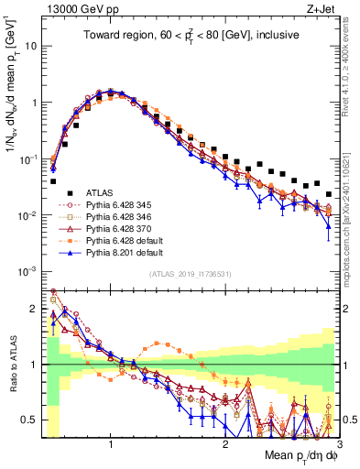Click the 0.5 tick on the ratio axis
(30, 420)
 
